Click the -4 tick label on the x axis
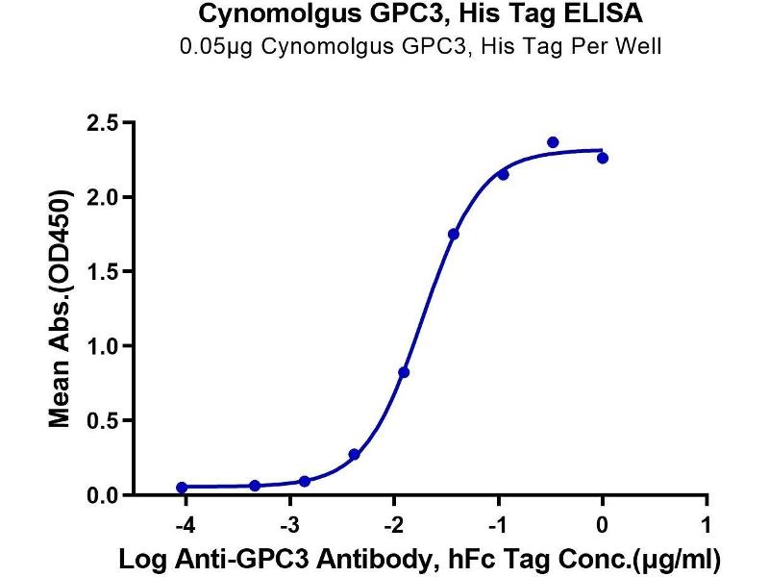182,527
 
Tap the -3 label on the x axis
286,527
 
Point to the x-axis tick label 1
707,527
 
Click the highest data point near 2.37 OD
553,142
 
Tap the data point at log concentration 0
602,158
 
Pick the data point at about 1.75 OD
454,234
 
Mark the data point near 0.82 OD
404,372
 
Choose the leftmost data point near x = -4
183,488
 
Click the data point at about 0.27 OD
355,454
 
